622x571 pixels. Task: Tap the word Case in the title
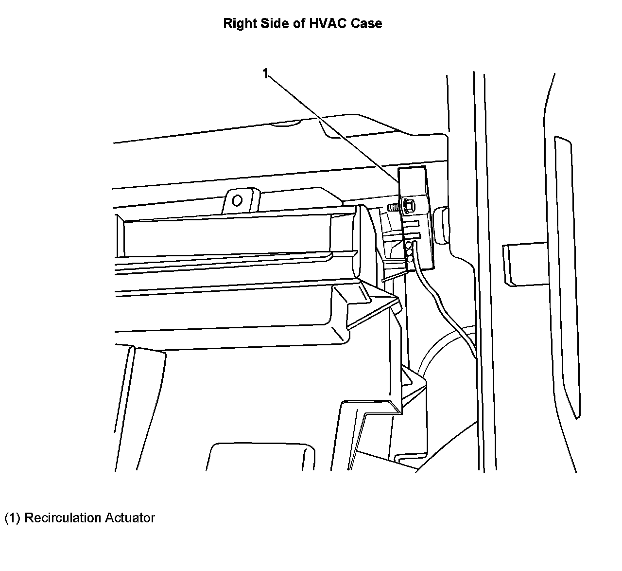point(367,23)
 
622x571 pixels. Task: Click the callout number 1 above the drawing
point(265,73)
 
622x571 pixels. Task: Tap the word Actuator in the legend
point(131,518)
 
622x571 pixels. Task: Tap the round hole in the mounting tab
point(238,200)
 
